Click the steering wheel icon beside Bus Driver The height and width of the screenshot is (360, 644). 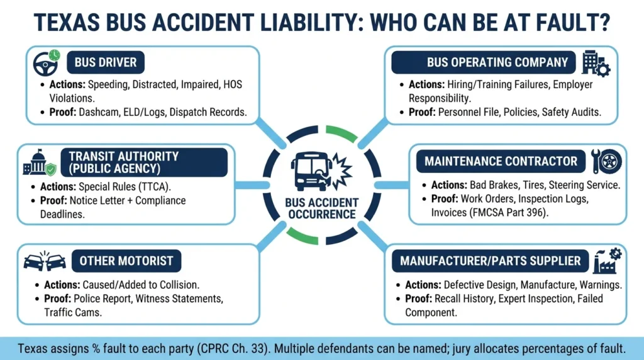coord(46,63)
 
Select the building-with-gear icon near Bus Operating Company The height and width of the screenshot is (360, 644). coord(596,64)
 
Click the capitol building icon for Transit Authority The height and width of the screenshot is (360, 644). coord(40,162)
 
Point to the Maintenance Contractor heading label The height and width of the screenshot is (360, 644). coord(501,161)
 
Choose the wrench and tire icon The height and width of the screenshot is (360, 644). coord(606,161)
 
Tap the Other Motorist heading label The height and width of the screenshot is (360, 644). coord(126,261)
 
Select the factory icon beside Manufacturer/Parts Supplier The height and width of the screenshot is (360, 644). coord(608,261)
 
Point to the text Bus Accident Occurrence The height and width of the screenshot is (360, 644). coord(321,208)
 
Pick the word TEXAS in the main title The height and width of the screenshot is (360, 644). coord(67,23)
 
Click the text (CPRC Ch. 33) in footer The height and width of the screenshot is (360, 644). coord(233,349)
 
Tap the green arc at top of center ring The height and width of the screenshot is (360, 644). coord(341,133)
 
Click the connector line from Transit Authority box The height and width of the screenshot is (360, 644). coord(252,185)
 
